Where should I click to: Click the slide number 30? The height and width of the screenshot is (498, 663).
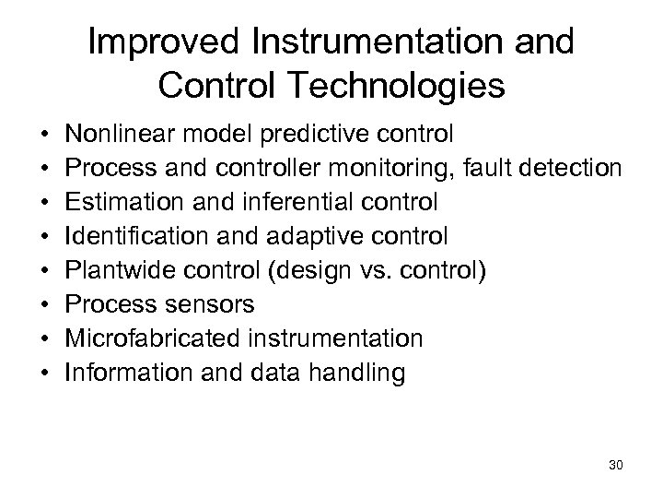[616, 465]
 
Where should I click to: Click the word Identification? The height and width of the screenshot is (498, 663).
[135, 236]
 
